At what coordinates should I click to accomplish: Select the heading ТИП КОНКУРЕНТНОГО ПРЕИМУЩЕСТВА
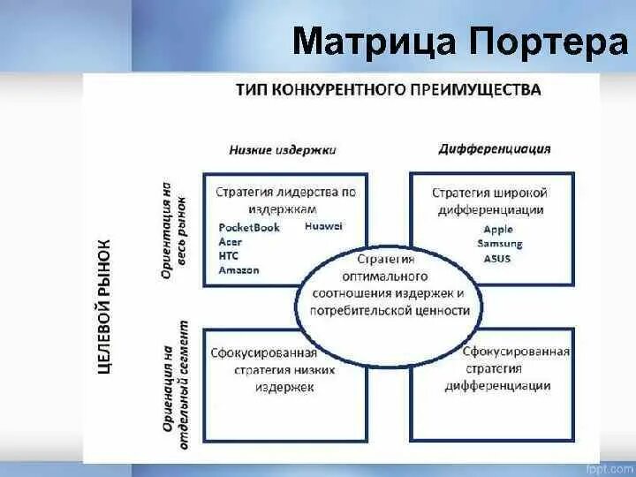tap(388, 90)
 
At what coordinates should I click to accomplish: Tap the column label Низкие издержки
tap(283, 149)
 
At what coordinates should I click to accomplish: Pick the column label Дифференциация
tap(495, 148)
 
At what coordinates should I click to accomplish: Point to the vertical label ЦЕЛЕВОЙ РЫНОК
tap(103, 306)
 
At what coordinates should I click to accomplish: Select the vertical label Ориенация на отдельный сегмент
tap(174, 385)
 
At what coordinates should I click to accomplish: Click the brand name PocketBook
tap(249, 227)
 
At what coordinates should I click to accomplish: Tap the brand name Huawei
tap(322, 226)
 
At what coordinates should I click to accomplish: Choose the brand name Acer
tap(231, 241)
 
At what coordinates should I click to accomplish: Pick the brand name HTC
tap(229, 255)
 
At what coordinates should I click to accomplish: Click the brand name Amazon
tap(238, 269)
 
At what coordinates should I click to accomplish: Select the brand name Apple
tap(498, 229)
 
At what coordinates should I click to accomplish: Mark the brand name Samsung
tap(500, 244)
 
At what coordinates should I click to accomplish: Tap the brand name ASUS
tap(497, 258)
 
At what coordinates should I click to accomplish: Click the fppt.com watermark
tap(609, 466)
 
